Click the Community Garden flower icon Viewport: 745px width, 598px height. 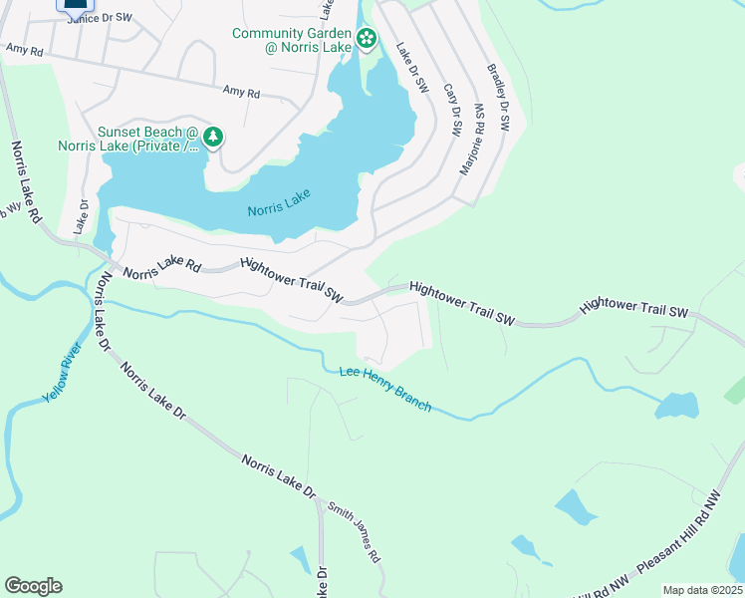[367, 39]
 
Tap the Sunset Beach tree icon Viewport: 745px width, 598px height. [211, 137]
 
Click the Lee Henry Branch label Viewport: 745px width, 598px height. [385, 388]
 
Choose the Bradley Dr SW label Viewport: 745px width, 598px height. [497, 100]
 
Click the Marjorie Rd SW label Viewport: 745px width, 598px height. [471, 140]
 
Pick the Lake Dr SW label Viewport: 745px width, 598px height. [412, 69]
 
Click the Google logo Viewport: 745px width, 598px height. [33, 586]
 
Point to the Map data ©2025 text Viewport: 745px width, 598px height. [702, 590]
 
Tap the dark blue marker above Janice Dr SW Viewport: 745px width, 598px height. [76, 3]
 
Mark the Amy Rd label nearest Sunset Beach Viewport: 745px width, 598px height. [241, 92]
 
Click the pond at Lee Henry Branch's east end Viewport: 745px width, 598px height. [676, 406]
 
